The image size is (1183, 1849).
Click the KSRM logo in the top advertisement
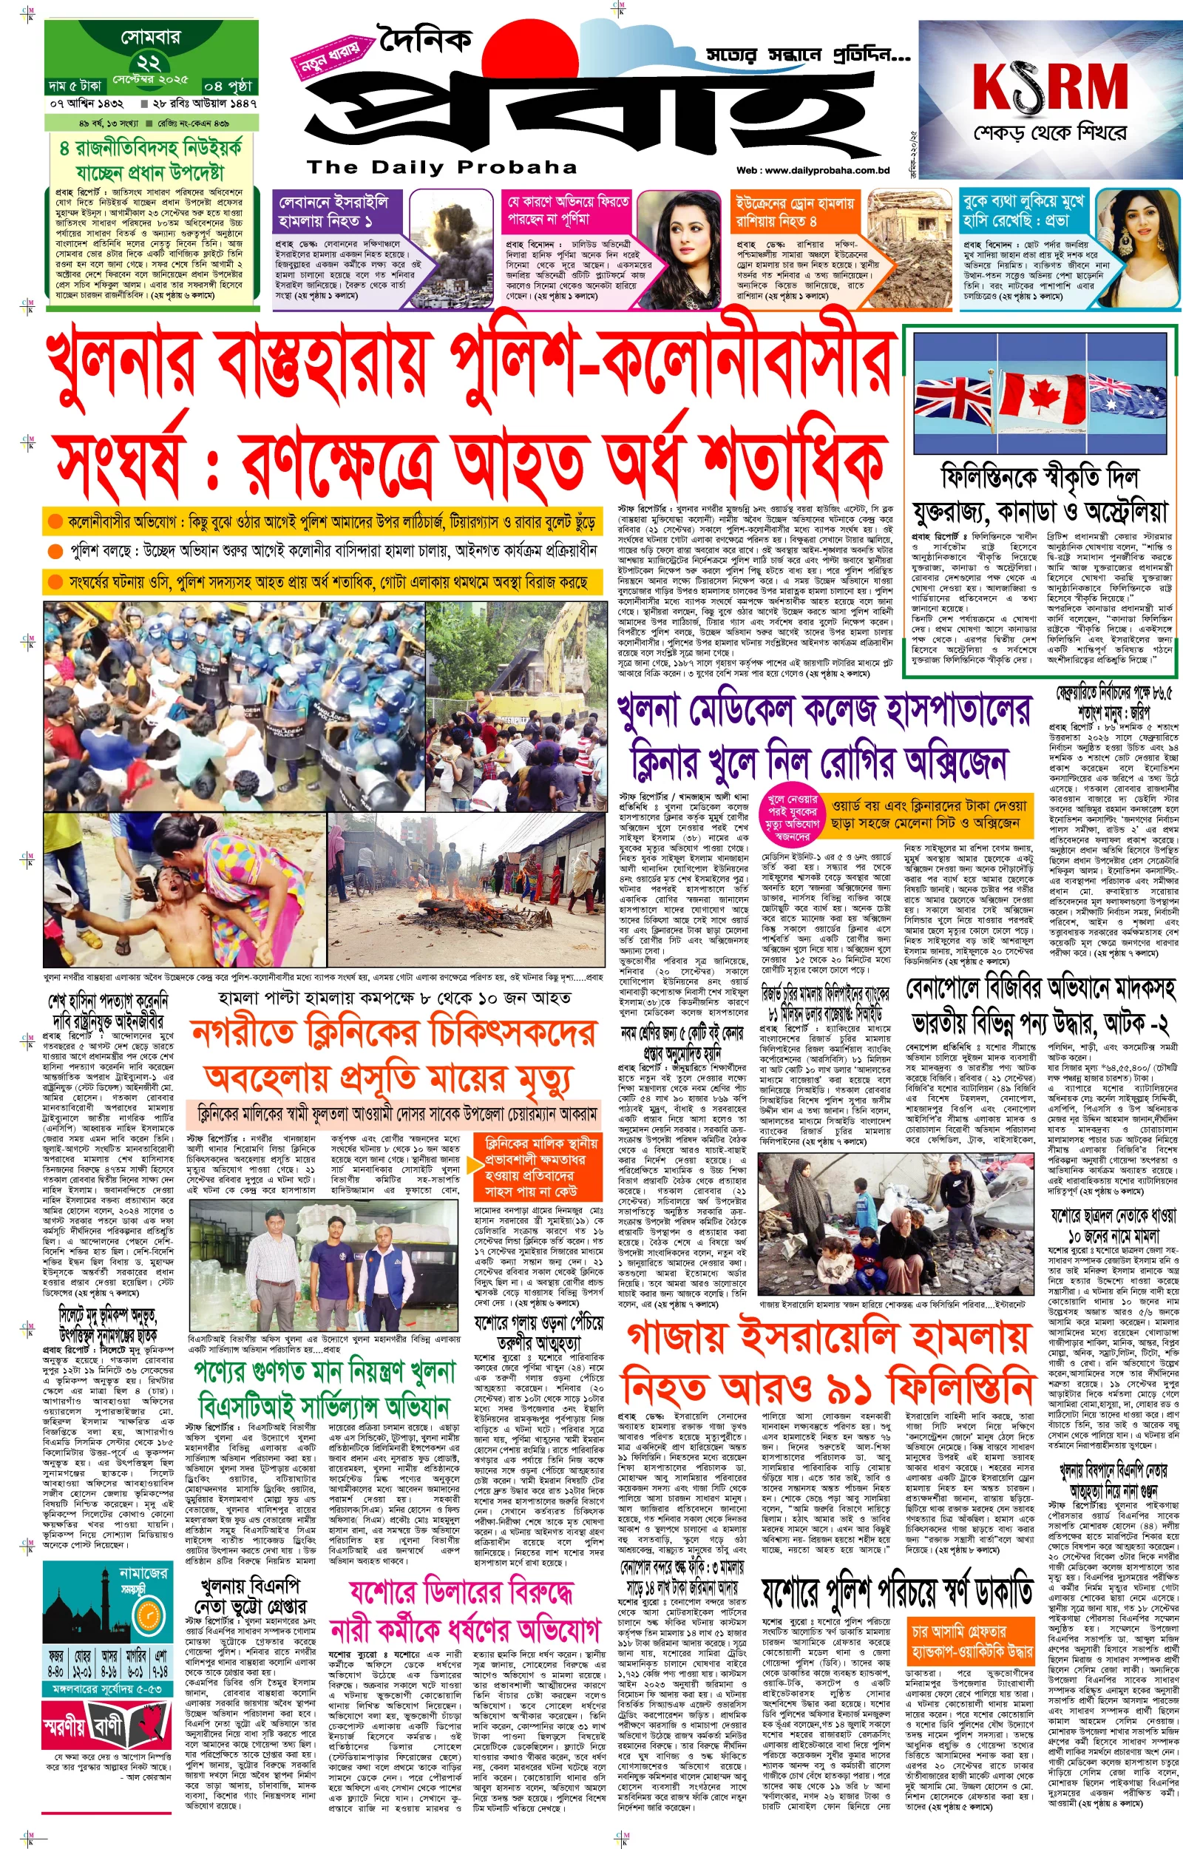coord(1049,87)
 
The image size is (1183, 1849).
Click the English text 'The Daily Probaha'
coord(441,166)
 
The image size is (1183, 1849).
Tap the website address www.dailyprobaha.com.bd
coord(813,171)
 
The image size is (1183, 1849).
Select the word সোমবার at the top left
coord(151,36)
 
